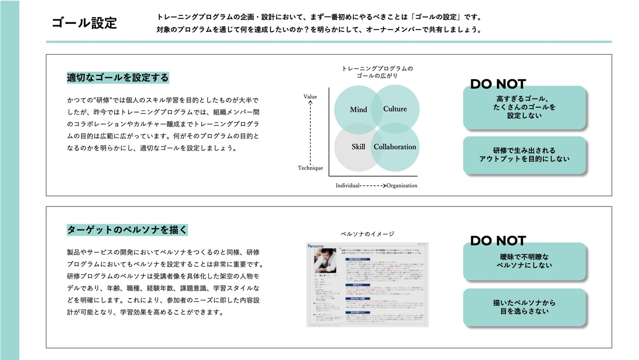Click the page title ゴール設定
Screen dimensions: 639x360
click(84, 23)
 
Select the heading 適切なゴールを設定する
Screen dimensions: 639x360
click(118, 78)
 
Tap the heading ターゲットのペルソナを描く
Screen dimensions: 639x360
click(127, 230)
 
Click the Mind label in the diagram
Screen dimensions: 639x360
click(358, 110)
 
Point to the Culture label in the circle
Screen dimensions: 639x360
click(395, 109)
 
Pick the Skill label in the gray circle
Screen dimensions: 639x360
click(358, 147)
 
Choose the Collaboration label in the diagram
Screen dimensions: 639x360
click(395, 147)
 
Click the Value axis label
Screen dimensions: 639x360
click(310, 97)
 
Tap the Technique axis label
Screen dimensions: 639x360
click(310, 168)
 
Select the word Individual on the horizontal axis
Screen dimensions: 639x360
click(347, 186)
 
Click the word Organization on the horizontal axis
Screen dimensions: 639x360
click(402, 186)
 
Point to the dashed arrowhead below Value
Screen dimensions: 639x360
click(310, 103)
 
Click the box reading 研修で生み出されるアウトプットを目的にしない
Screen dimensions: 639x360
click(524, 155)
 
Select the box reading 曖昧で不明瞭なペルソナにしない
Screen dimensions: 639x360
click(524, 261)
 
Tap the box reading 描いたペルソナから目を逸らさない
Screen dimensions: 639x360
click(524, 307)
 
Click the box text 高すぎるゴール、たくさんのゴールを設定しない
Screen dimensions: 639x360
click(524, 107)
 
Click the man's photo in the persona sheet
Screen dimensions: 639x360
click(325, 261)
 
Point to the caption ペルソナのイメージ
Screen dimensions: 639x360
click(367, 234)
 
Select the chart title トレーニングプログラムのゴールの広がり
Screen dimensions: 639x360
click(377, 72)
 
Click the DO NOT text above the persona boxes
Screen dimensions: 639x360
click(498, 241)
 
